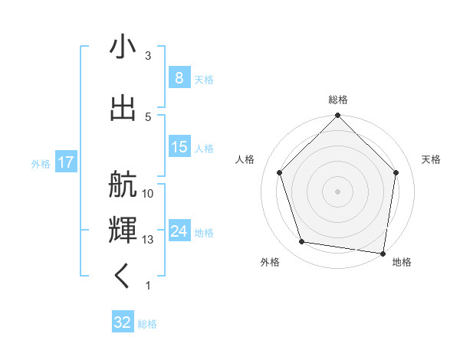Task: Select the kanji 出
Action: coord(122,108)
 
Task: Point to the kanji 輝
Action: coord(122,229)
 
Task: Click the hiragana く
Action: coord(122,277)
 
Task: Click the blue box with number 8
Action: coord(179,77)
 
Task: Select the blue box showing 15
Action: coord(179,147)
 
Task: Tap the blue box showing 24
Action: coord(179,231)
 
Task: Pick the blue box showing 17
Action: coord(65,162)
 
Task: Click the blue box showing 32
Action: coord(123,322)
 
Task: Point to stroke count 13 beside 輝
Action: coord(148,240)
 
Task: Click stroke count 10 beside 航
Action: coord(148,193)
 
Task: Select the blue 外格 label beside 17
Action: coord(41,163)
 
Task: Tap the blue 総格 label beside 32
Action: coord(147,324)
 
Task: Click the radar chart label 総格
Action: coord(338,100)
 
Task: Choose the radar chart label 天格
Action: coord(431,159)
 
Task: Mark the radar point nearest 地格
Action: coord(383,253)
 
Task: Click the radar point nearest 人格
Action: coord(280,172)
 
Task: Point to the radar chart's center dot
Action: coord(337,191)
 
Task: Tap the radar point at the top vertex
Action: coord(337,116)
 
